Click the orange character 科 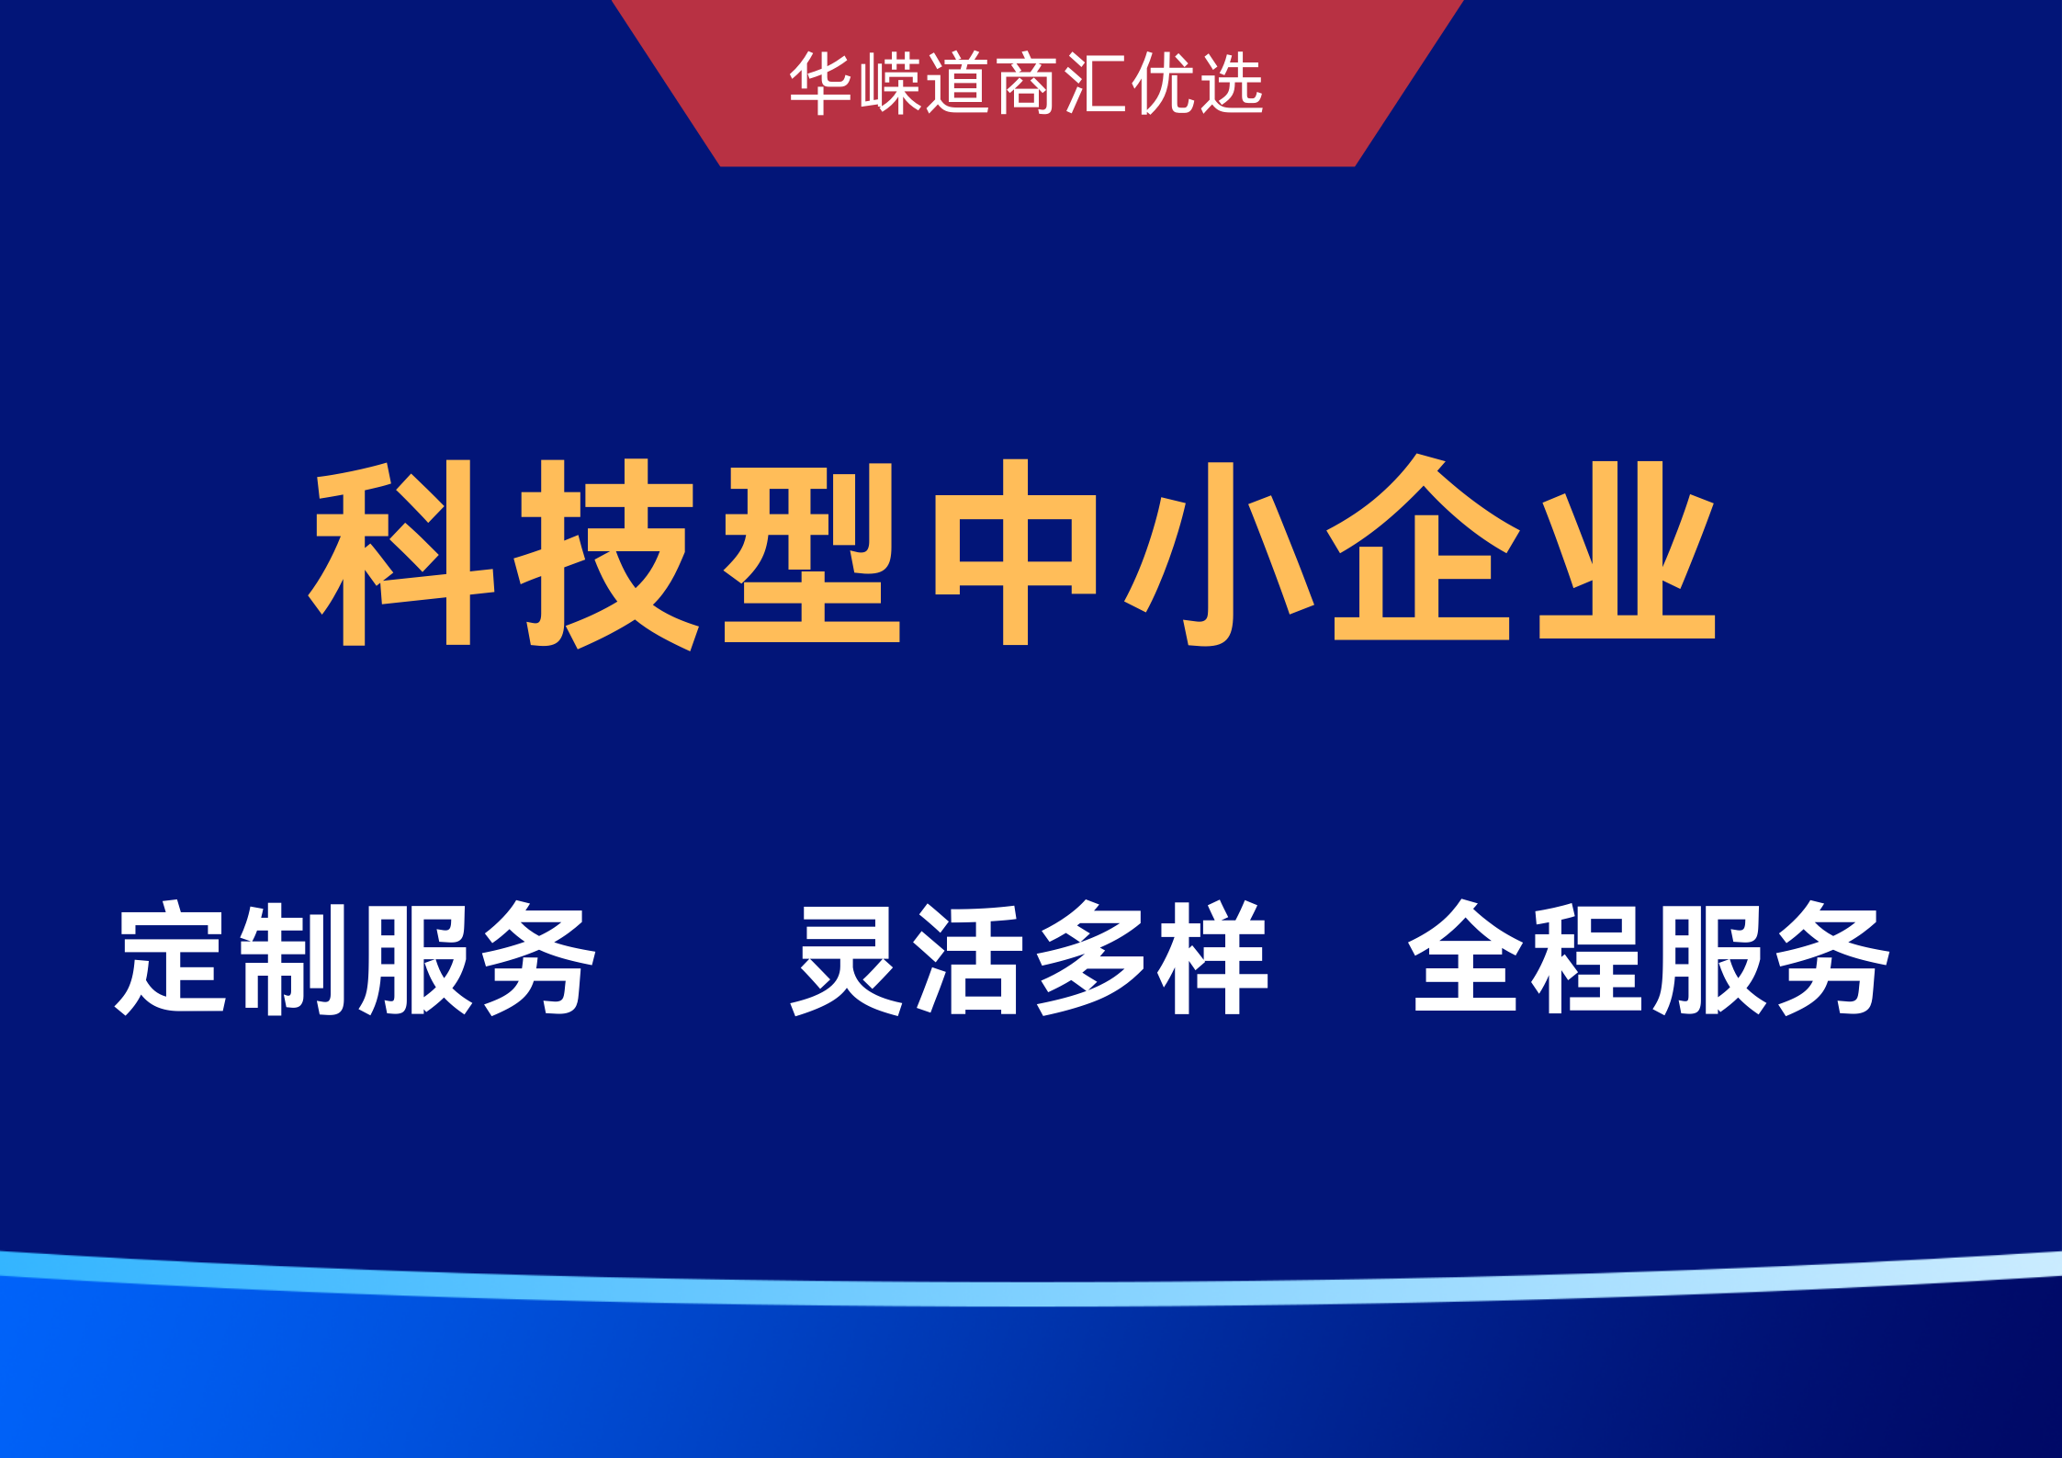(401, 552)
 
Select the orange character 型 (812, 552)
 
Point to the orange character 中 (1015, 551)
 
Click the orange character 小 (1219, 554)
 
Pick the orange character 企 (1423, 548)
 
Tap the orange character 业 (1628, 549)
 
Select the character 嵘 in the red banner (891, 84)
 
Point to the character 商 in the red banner (1027, 84)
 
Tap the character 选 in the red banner (1232, 84)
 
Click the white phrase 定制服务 (355, 958)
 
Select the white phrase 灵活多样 (1030, 958)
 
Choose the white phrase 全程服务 (1650, 958)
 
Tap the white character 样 (1213, 958)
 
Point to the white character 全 (1464, 956)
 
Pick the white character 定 (171, 958)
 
